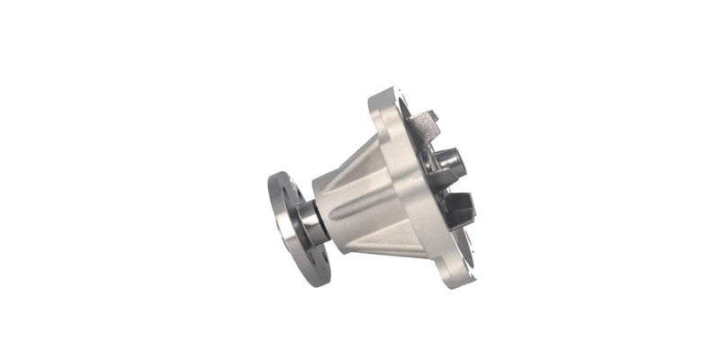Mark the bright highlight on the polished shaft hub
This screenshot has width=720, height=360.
[x=306, y=216]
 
